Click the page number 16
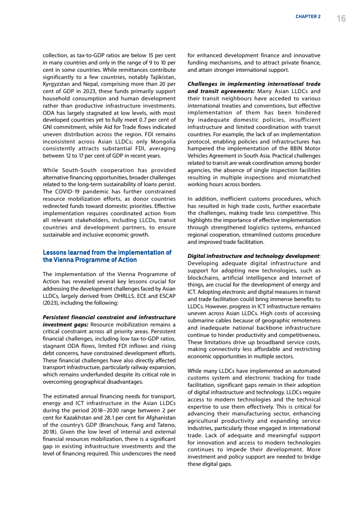(x=341, y=18)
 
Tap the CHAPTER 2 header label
(x=308, y=17)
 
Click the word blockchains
(x=204, y=278)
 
